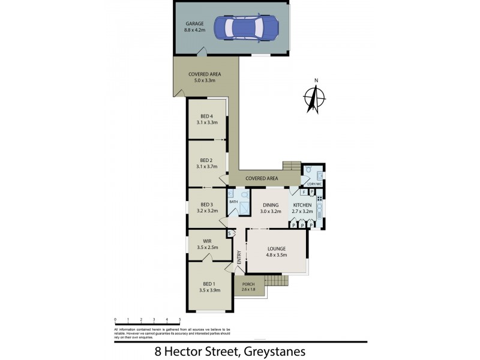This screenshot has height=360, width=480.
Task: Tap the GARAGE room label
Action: point(194,24)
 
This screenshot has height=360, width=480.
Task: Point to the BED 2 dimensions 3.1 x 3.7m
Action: point(206,167)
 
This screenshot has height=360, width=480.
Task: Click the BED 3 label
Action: point(206,204)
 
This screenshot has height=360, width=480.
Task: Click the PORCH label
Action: point(248,284)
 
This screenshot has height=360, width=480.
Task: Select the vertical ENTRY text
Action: point(239,257)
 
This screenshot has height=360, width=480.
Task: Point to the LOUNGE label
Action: point(276,248)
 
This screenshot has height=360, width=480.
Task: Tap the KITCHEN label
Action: point(302,205)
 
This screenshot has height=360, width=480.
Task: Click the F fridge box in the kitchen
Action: point(304,192)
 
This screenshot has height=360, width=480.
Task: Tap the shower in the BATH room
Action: point(245,205)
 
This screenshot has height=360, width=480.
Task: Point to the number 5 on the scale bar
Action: point(180,320)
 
